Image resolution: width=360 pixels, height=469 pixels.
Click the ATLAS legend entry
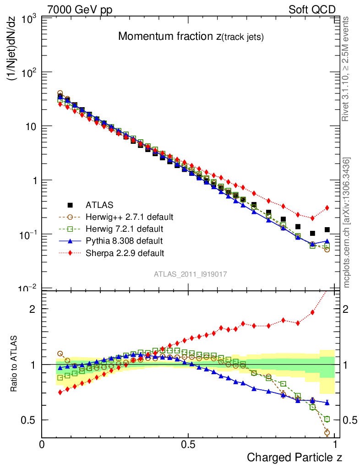click(x=100, y=205)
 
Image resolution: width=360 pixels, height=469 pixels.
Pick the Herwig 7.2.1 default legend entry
click(x=123, y=229)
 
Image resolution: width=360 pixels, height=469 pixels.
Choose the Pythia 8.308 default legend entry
click(x=123, y=240)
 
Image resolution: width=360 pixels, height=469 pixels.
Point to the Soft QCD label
click(x=312, y=10)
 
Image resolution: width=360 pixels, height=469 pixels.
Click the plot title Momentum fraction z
click(x=191, y=37)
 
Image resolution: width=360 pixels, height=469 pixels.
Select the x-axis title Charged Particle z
click(x=295, y=457)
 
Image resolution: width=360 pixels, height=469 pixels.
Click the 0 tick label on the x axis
click(x=42, y=445)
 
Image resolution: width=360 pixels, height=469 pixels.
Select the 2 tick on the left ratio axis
click(x=32, y=309)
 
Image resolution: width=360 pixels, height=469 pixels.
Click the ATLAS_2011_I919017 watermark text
click(x=191, y=274)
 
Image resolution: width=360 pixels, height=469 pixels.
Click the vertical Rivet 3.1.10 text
click(x=346, y=69)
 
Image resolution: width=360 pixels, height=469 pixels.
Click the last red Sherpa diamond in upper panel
click(x=327, y=208)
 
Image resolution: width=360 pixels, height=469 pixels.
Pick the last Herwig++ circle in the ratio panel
click(x=327, y=432)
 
